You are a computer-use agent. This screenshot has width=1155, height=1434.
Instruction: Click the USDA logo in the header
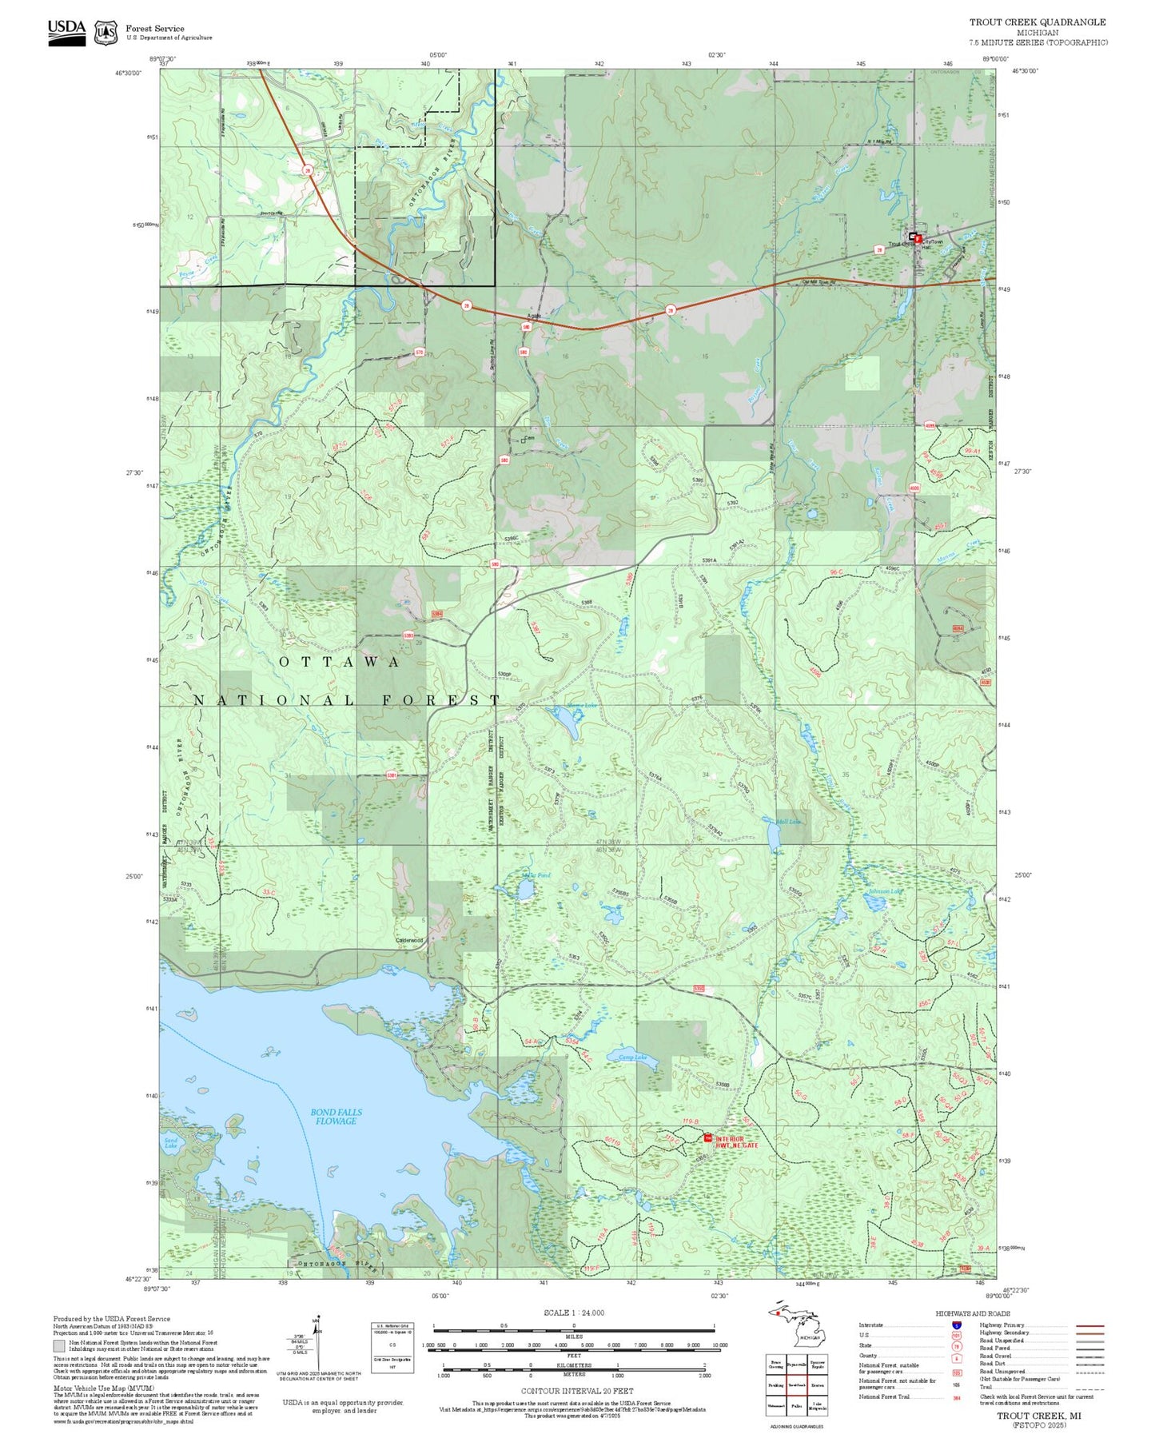66,32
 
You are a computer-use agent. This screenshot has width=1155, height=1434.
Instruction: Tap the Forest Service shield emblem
106,33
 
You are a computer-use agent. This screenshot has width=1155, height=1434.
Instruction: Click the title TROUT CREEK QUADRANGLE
1038,22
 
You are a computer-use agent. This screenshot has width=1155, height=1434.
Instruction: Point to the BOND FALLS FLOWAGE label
336,1117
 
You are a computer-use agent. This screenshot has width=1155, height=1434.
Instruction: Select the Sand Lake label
170,1143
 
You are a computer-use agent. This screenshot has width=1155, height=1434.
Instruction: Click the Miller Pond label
535,875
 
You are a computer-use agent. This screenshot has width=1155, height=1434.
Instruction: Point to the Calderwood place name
409,940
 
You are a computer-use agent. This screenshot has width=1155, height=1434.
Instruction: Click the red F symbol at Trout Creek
918,239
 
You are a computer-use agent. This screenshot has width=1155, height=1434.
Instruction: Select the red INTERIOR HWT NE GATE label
736,1142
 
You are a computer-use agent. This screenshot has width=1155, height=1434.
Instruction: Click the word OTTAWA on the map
340,662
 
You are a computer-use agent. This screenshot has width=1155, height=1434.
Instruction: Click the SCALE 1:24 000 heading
573,1313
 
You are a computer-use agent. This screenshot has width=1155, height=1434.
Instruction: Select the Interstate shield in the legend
956,1325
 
